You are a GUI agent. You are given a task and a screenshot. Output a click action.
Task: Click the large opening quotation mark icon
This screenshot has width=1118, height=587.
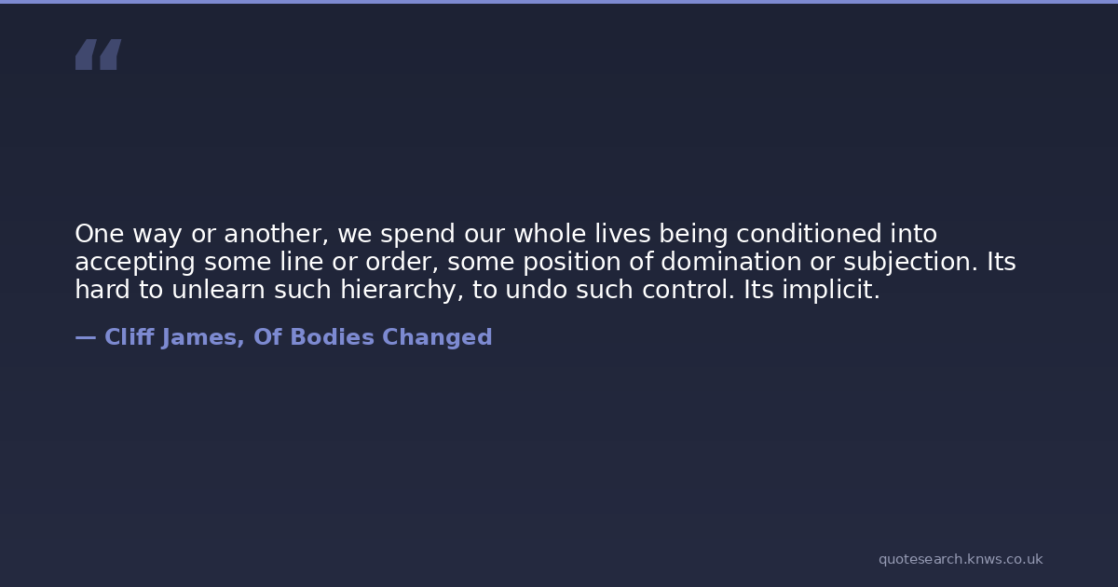coord(99,54)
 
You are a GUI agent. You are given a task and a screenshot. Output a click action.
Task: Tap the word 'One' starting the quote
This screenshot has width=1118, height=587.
coord(100,234)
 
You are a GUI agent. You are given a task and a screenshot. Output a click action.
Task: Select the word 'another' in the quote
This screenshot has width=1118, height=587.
coord(274,234)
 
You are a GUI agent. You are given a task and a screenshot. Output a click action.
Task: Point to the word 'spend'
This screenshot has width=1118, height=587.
coord(417,235)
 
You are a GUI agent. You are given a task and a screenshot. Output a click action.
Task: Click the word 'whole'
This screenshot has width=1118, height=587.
coord(550,234)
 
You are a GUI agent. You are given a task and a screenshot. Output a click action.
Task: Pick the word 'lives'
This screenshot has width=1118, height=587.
coord(623,234)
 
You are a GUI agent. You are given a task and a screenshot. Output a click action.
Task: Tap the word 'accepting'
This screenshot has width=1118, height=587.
coord(135,263)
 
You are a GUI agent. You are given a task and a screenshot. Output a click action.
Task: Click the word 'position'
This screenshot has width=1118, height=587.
coord(571,263)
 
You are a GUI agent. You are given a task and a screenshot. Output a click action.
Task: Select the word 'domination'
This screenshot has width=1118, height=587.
coord(731,262)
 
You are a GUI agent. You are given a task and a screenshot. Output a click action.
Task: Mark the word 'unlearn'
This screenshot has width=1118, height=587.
coord(218,290)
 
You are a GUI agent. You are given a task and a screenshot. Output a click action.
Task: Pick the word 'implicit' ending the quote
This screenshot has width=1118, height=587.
coord(827,291)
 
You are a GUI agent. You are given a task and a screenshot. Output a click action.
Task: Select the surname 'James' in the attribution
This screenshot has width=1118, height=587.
coord(199,338)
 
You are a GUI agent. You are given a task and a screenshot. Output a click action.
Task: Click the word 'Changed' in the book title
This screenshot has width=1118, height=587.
coord(437,338)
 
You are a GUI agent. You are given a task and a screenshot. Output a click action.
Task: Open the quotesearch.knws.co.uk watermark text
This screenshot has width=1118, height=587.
coord(961,560)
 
